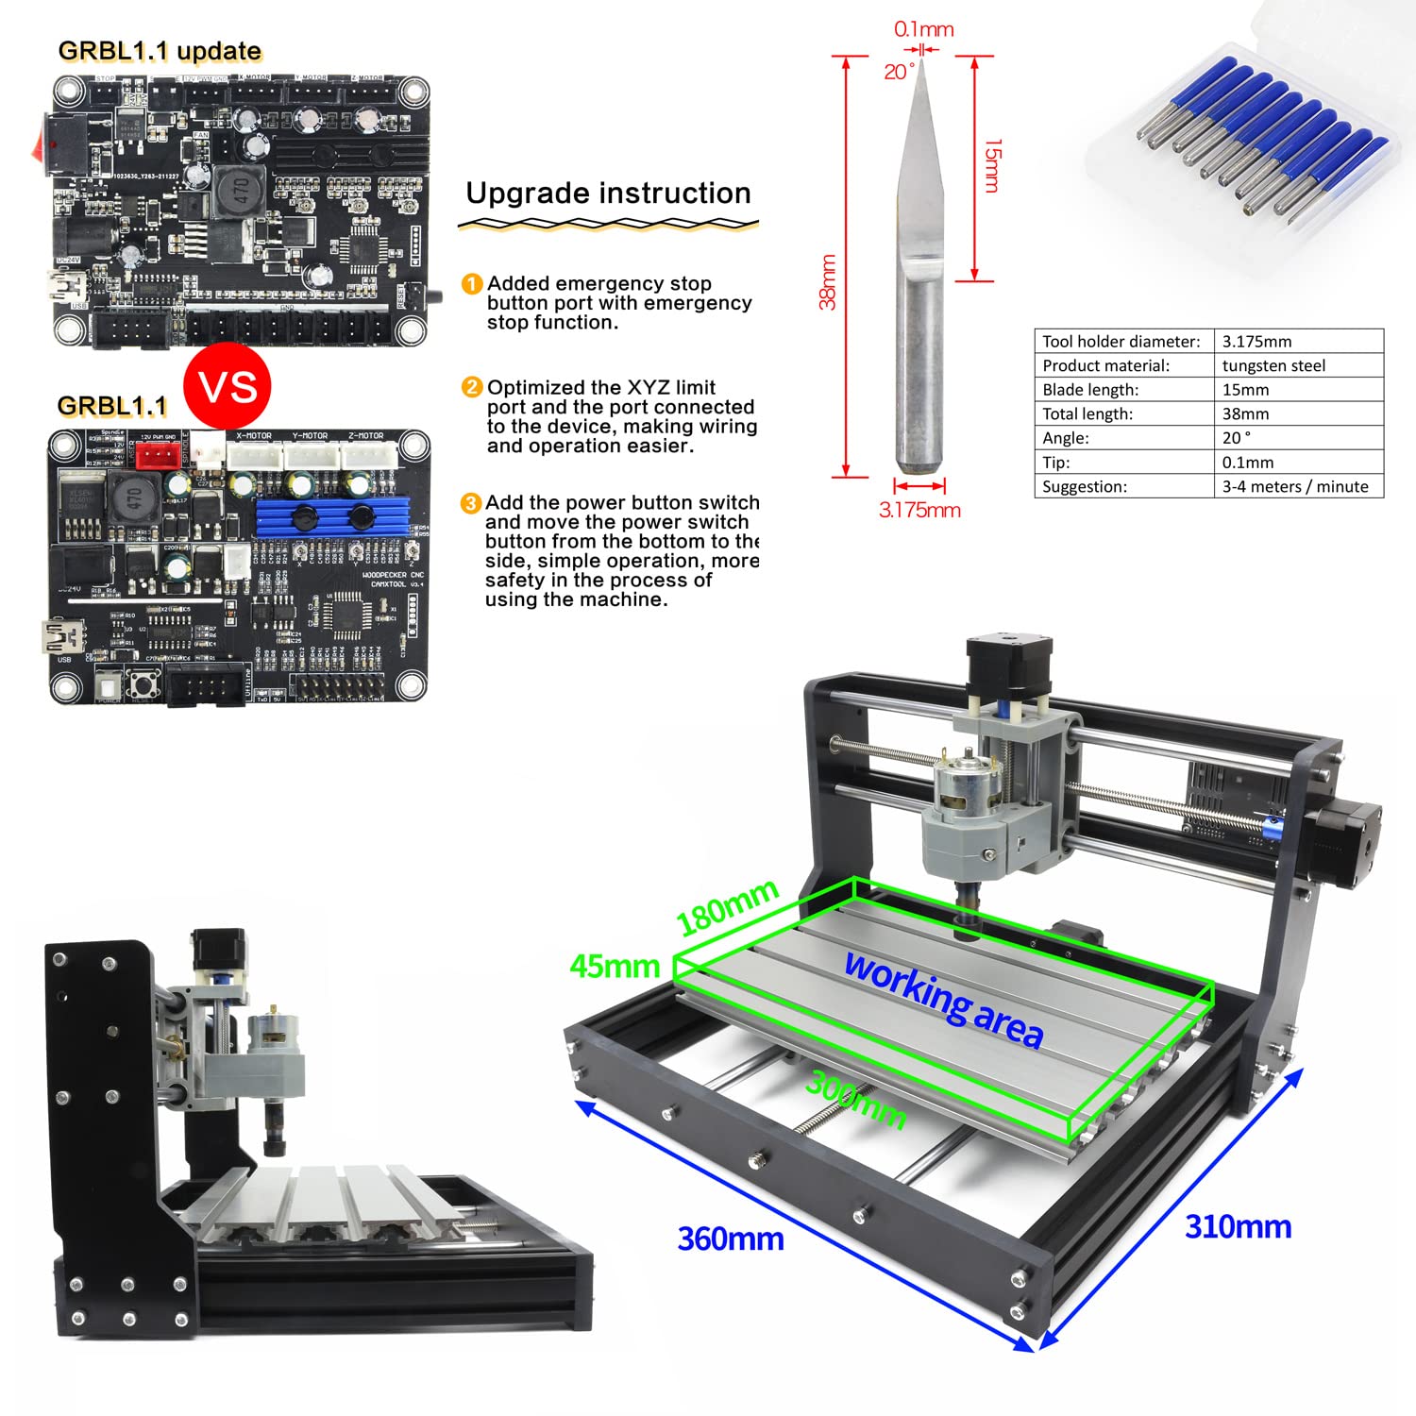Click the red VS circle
228,386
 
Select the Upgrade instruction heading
608,194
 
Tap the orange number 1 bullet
471,284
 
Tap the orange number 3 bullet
470,503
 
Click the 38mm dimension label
827,281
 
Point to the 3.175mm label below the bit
919,511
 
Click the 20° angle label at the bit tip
898,72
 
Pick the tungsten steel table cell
1273,365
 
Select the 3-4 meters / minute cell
1294,486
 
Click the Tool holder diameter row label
1121,342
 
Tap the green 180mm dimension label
727,907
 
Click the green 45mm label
615,967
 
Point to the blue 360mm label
731,1239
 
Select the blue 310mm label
1238,1226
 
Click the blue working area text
943,999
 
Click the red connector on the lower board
158,455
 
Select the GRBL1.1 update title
160,51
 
